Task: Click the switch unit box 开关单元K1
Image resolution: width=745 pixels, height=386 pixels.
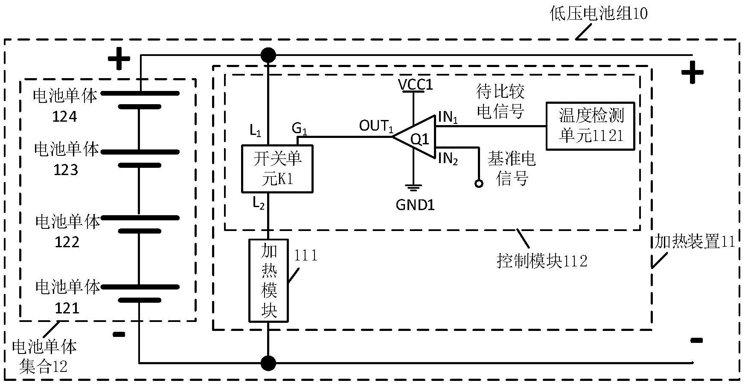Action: coord(277,169)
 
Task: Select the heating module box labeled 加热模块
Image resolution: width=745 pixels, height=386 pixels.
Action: coord(269,281)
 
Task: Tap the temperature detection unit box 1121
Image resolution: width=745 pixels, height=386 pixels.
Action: coord(590,126)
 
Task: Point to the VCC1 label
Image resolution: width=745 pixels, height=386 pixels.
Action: coord(415,85)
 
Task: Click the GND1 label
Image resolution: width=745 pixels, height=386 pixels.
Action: coord(415,205)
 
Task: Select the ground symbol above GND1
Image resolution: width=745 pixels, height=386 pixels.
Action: coord(413,187)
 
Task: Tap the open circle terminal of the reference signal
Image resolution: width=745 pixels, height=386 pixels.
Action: coord(479,184)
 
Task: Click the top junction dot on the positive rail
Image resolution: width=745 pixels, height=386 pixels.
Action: coord(268,55)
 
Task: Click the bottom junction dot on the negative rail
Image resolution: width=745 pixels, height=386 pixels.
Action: coord(268,363)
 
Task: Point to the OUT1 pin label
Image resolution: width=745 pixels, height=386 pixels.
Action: coord(375,126)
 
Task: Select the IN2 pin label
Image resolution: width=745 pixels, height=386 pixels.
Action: coord(448,159)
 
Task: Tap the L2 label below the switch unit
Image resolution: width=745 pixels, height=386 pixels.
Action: coord(258,204)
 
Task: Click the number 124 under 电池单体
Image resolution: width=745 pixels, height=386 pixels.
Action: coord(64,117)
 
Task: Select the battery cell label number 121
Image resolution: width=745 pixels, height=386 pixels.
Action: coord(67,308)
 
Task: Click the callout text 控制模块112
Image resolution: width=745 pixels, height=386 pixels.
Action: coord(542,260)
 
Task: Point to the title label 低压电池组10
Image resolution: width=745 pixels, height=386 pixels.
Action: coord(598,14)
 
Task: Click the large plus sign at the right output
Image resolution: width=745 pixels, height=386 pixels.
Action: coord(692,73)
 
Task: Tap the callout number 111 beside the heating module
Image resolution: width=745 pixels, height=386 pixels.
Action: coord(306,255)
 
